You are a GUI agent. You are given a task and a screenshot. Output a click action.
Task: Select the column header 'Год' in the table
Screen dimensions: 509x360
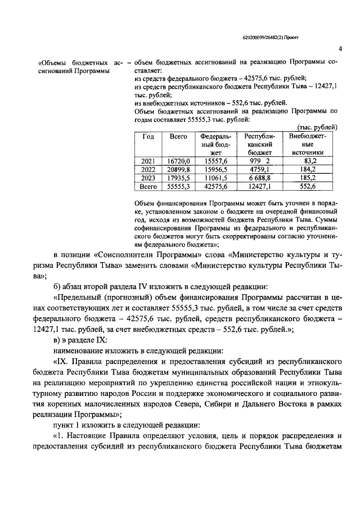148,137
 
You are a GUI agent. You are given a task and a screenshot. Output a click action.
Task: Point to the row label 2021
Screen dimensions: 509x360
148,161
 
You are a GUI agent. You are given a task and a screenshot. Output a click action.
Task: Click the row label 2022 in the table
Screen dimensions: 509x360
148,169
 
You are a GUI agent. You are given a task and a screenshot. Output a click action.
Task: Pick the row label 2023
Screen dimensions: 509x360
148,177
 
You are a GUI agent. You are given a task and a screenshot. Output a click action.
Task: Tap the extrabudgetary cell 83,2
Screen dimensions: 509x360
308,161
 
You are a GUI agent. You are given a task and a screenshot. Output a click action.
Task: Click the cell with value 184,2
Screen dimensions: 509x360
308,169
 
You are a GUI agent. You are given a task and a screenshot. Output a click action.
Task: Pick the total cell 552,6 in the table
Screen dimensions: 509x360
308,186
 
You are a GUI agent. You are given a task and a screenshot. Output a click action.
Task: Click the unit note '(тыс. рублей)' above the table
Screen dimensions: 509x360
317,127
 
